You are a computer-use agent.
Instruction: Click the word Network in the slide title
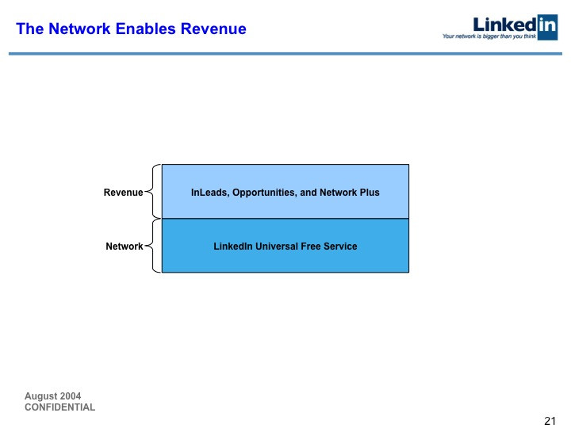(x=79, y=29)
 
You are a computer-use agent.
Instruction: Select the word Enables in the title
(x=146, y=29)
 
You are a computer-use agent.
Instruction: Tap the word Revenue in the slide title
(x=213, y=29)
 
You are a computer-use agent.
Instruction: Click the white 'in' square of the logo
(x=547, y=27)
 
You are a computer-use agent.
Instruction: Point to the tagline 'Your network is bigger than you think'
(x=489, y=36)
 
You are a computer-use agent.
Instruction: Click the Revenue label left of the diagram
(x=123, y=192)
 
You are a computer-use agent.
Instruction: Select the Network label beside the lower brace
(x=125, y=246)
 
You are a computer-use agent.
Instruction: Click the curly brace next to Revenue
(x=152, y=192)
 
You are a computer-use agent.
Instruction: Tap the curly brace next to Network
(x=152, y=246)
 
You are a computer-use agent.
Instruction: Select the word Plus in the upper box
(x=370, y=192)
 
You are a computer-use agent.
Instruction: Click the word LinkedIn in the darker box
(x=233, y=246)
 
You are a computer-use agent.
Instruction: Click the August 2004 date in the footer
(x=53, y=396)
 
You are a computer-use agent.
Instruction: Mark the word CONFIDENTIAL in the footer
(x=60, y=407)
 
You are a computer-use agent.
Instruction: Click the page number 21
(x=550, y=421)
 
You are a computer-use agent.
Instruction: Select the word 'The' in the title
(x=30, y=29)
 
